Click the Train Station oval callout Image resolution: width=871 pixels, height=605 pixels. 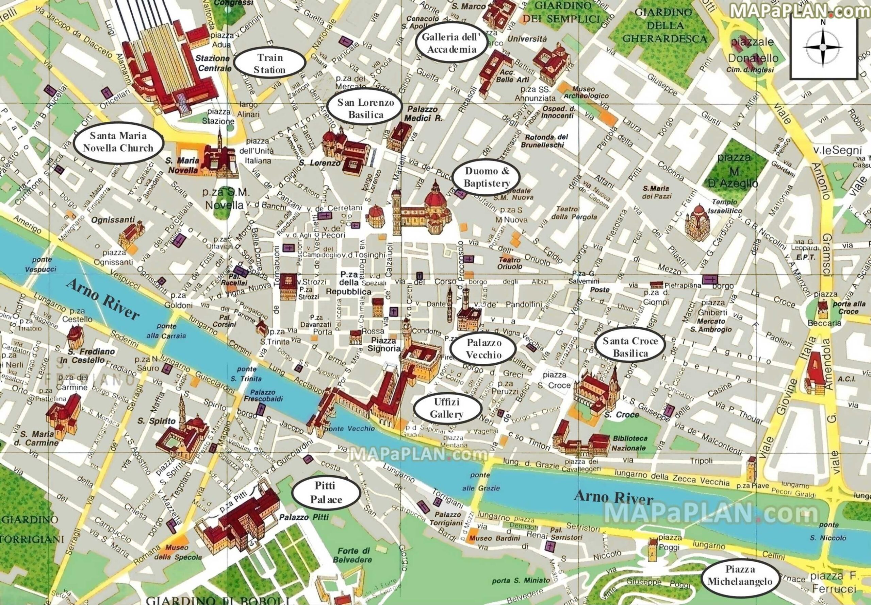click(x=270, y=63)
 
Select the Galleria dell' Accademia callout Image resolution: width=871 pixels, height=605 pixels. click(x=451, y=43)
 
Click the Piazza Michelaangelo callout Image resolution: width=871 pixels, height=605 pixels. click(x=740, y=575)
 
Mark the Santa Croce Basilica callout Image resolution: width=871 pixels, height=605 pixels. click(x=630, y=347)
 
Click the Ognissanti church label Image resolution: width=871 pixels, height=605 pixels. click(x=113, y=220)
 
